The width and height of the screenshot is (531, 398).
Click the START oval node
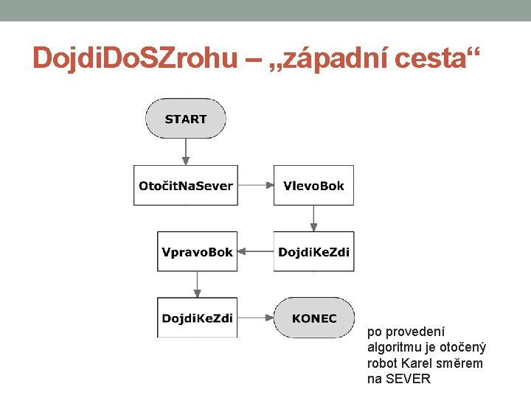(x=186, y=119)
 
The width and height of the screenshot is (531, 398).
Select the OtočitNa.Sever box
(x=186, y=186)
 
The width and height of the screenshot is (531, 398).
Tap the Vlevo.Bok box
(x=313, y=186)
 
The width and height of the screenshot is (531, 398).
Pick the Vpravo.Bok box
(x=198, y=252)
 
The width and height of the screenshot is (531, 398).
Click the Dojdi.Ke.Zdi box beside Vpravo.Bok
(x=313, y=252)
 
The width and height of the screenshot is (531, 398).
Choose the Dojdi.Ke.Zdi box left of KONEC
(x=198, y=318)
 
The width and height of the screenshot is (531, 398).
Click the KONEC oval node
(x=314, y=318)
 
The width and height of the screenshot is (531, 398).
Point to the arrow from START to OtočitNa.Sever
(x=186, y=152)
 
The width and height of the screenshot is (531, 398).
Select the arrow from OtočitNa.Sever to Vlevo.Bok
(x=256, y=186)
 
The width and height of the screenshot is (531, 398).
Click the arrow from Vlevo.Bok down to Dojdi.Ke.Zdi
(x=313, y=218)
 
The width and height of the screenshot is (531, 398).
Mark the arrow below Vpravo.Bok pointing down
(x=198, y=284)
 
